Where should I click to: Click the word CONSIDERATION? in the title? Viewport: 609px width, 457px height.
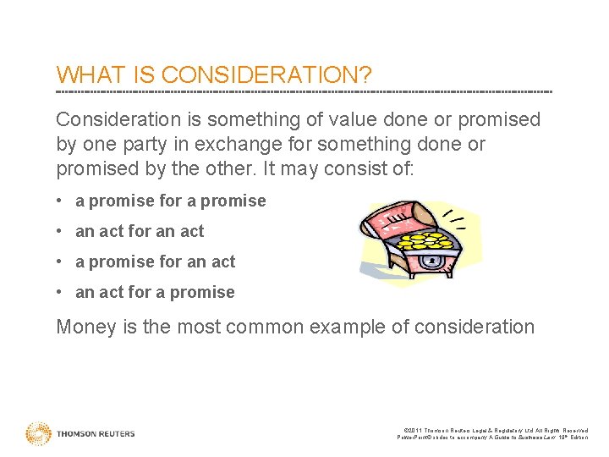pos(266,74)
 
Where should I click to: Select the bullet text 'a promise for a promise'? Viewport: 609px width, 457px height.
pos(171,201)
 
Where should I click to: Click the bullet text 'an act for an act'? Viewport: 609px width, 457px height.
pos(140,231)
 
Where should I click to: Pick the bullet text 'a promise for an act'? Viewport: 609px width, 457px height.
pos(156,262)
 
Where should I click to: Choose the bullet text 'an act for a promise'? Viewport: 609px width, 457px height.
pos(155,292)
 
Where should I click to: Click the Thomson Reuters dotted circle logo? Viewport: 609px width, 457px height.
pos(39,433)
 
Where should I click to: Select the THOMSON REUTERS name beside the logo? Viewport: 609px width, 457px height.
pos(96,434)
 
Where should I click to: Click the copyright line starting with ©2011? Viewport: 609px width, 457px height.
pos(493,429)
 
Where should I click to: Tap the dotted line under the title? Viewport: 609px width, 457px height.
pos(304,91)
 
